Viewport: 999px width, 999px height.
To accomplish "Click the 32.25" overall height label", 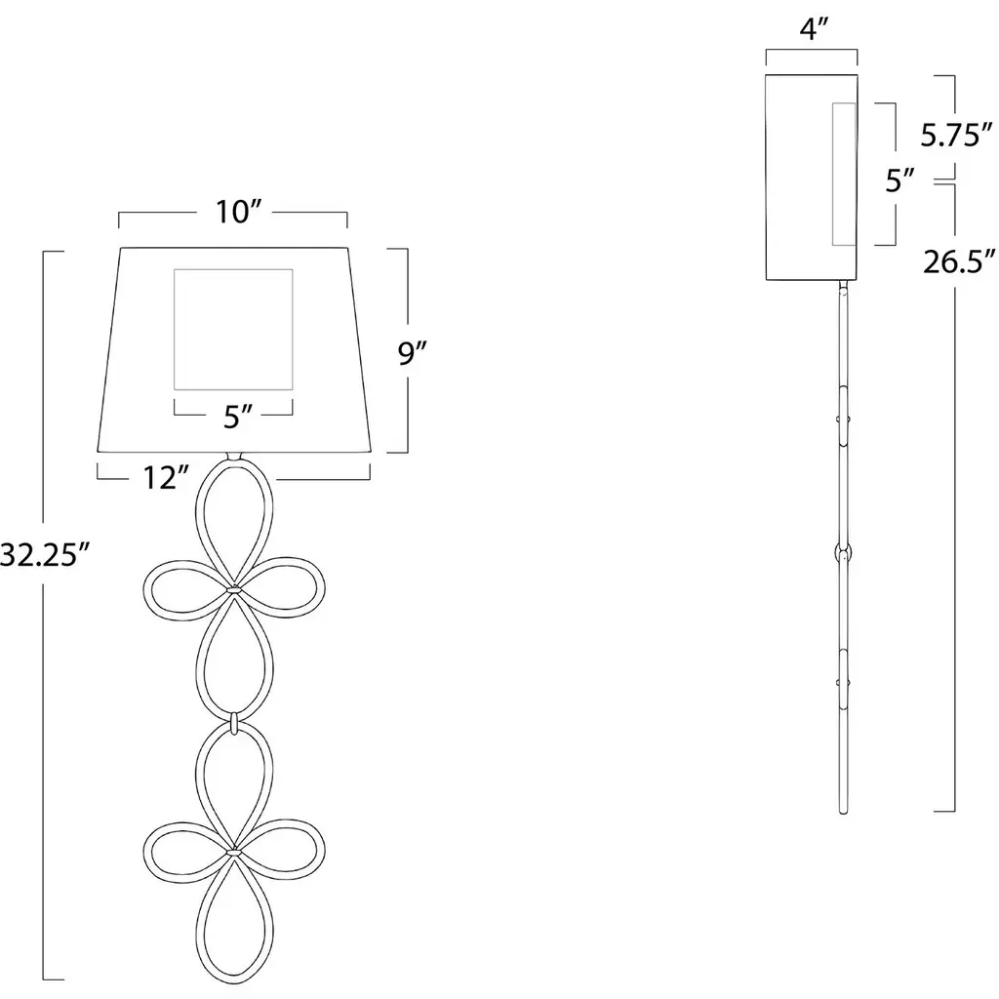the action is pyautogui.click(x=47, y=554).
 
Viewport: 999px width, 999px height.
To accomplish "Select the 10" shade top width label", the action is pyautogui.click(x=239, y=212).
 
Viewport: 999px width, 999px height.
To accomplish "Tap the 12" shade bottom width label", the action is pyautogui.click(x=166, y=478).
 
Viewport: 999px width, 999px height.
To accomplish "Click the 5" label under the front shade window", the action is pyautogui.click(x=238, y=418).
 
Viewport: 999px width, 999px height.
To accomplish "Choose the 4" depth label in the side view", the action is pyautogui.click(x=813, y=28).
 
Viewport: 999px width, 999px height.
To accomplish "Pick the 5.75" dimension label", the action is pyautogui.click(x=956, y=135).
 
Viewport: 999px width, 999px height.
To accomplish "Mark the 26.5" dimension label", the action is pyautogui.click(x=959, y=261).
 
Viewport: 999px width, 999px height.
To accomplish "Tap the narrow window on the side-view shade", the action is pyautogui.click(x=833, y=174).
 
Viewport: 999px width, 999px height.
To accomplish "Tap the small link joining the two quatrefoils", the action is pyautogui.click(x=234, y=723).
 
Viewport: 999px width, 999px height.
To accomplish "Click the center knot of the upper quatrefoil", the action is pyautogui.click(x=234, y=590).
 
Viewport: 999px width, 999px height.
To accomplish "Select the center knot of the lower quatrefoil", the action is pyautogui.click(x=234, y=851).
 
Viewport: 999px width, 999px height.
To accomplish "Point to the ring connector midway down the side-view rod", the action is pyautogui.click(x=844, y=552).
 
